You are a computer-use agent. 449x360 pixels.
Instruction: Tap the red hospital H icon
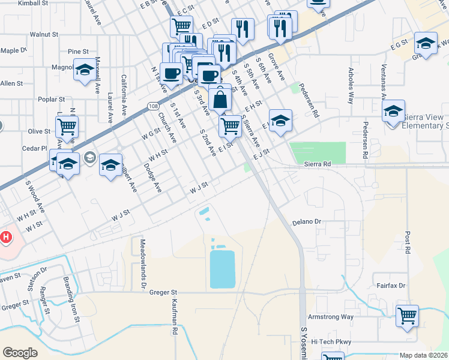point(6,237)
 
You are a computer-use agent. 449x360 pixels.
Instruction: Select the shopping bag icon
point(220,98)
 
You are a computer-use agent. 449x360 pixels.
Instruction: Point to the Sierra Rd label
point(318,164)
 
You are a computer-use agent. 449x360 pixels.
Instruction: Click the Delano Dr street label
point(307,221)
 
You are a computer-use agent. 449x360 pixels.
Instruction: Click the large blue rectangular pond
point(221,269)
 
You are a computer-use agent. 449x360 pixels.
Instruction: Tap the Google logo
point(20,352)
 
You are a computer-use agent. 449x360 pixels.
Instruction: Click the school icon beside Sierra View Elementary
point(393,112)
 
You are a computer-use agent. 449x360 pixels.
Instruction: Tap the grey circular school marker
point(90,158)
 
